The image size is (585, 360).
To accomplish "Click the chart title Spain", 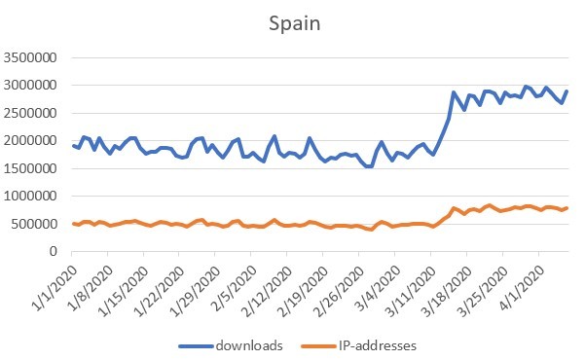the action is tap(294, 24).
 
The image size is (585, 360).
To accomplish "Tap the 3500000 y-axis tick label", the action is tap(30, 57).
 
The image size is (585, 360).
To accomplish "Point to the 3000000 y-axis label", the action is tap(30, 86).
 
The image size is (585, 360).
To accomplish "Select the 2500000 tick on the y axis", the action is tap(30, 113).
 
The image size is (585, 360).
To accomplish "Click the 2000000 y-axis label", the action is tap(30, 141).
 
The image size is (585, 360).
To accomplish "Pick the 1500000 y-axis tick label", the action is tap(30, 168).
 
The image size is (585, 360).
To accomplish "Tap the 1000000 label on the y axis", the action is tap(30, 196).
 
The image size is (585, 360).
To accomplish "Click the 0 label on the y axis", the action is tap(54, 251).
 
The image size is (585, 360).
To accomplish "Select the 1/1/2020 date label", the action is tap(55, 288).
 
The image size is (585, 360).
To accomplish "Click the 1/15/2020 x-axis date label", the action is tap(123, 291).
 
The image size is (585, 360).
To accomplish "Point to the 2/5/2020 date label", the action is tap(235, 288).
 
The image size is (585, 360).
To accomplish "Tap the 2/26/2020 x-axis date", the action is tap(340, 291).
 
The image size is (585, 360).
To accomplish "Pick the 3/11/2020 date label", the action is tap(412, 291).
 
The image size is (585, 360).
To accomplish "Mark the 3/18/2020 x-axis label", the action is tap(448, 291).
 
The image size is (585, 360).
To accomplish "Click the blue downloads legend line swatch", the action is tap(196, 346).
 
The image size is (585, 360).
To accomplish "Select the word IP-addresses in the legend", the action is tap(378, 345).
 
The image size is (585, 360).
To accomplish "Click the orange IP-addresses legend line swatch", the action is tap(318, 346).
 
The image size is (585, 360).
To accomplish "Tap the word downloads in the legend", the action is tap(249, 345).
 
